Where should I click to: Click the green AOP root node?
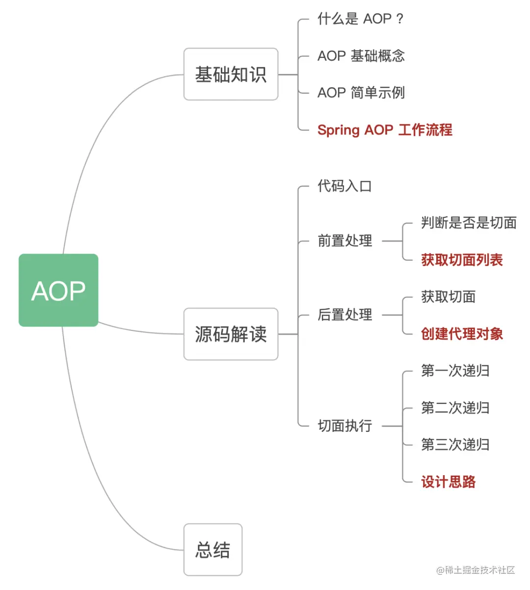[x=58, y=290]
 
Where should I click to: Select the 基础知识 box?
[x=231, y=74]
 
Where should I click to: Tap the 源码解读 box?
[x=231, y=334]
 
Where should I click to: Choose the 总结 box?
[x=212, y=550]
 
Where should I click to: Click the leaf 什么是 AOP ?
[x=360, y=19]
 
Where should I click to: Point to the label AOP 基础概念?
[x=361, y=56]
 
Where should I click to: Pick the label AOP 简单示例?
[x=361, y=93]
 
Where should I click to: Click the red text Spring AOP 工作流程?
[x=385, y=130]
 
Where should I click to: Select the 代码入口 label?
[x=344, y=186]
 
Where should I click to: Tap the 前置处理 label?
[x=344, y=241]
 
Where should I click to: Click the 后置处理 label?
[x=344, y=315]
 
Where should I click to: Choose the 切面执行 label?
[x=344, y=426]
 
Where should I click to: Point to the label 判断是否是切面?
[x=469, y=223]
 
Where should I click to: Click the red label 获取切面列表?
[x=462, y=260]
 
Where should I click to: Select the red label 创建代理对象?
[x=462, y=334]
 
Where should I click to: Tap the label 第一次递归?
[x=455, y=371]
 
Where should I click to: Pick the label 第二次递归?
[x=455, y=408]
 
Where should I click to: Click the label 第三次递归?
[x=455, y=445]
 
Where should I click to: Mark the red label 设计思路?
[x=448, y=482]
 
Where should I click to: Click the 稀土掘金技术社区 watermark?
[x=476, y=570]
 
